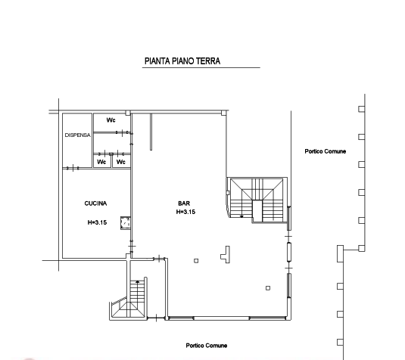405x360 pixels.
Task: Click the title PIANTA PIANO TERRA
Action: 182,61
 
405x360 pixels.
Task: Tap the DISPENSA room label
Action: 77,135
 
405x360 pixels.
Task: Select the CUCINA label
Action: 95,203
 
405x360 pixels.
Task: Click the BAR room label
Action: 184,203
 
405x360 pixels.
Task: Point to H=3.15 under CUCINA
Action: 97,222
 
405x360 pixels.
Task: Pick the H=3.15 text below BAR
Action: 185,212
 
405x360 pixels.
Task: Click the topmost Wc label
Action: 111,120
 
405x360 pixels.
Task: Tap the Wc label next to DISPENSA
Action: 101,162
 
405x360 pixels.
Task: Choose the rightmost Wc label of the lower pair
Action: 121,162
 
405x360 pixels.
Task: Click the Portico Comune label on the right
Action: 326,151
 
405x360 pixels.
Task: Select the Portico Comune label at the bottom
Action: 207,346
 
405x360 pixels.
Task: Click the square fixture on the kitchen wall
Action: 125,223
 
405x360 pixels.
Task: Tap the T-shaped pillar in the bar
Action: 226,254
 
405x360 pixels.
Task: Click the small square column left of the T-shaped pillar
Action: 196,261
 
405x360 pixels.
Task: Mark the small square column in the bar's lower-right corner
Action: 268,288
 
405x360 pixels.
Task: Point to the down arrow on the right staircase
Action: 241,216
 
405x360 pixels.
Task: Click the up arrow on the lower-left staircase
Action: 138,282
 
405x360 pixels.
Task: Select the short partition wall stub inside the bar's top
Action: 151,132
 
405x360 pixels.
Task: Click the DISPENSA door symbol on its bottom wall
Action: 73,168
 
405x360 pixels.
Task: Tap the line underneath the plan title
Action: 201,67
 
